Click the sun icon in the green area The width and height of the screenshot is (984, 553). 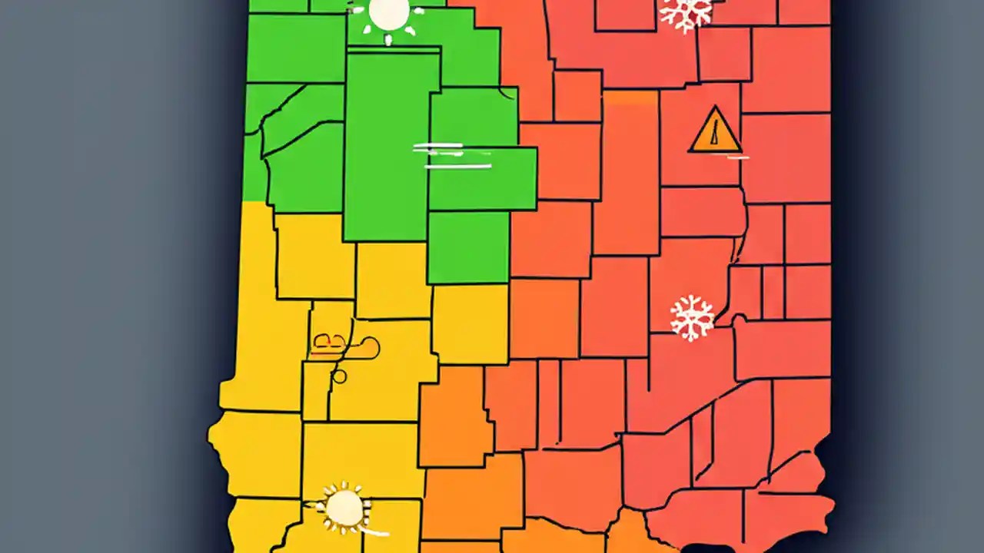coord(389,14)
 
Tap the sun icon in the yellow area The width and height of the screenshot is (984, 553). coord(344,508)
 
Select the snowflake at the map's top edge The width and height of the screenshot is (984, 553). coord(686,13)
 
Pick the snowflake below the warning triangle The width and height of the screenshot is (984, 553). coord(692,318)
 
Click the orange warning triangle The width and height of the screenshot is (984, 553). coord(716,131)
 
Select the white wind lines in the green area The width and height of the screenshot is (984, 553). coord(452,155)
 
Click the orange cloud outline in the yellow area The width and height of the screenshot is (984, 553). coord(346,347)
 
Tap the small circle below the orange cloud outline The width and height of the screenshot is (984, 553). coord(338,376)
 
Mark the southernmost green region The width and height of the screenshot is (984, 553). coord(467,247)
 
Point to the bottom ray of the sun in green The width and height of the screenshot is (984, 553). coord(389,38)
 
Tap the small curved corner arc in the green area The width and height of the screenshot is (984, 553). coord(507,94)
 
